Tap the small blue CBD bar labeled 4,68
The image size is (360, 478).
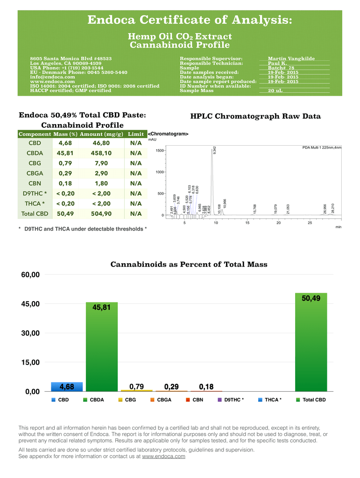[x=66, y=387]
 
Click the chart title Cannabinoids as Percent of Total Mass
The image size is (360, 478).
[x=189, y=264]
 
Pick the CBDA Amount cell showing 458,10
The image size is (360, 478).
[x=101, y=153]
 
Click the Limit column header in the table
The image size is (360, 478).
[x=136, y=134]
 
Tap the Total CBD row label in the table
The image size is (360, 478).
[x=35, y=214]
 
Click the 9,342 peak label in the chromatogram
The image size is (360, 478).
[x=214, y=150]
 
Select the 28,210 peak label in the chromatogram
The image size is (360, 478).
[x=333, y=208]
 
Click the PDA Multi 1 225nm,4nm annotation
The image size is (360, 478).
[x=322, y=148]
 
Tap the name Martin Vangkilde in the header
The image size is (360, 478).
[x=291, y=59]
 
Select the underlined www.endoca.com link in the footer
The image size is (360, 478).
[x=163, y=456]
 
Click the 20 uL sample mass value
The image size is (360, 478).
[x=275, y=91]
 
